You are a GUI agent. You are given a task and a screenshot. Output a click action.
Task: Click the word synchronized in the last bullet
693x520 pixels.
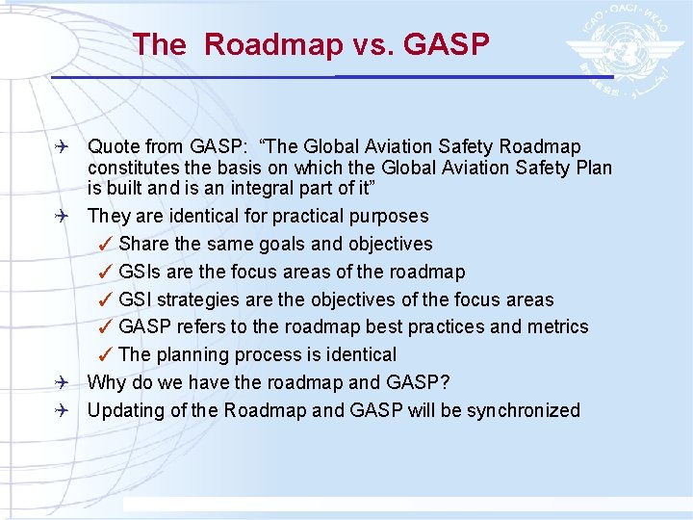pyautogui.click(x=523, y=411)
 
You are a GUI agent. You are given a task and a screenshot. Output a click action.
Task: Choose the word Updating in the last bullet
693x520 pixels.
pyautogui.click(x=123, y=411)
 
